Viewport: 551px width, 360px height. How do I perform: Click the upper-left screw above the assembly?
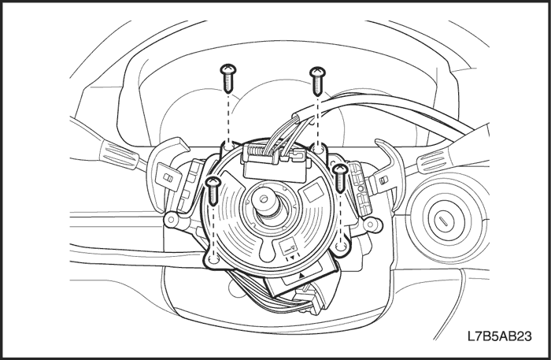point(228,79)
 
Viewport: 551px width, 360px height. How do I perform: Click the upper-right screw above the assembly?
point(317,81)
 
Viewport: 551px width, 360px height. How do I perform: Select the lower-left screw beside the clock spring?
point(213,191)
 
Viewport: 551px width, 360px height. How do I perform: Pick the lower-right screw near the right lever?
point(340,178)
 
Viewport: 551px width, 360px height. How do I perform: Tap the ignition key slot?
point(442,221)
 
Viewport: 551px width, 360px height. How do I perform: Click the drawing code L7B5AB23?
point(499,336)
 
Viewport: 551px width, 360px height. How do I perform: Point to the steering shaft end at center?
point(263,199)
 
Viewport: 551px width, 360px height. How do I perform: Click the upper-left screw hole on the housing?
point(229,146)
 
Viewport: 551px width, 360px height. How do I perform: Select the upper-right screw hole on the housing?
point(319,148)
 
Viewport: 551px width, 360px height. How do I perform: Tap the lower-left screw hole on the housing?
point(213,260)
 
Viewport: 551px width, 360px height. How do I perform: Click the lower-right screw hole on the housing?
point(341,246)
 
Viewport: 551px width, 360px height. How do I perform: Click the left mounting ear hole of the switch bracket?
point(171,220)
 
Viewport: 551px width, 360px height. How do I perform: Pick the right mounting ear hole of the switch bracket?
point(371,224)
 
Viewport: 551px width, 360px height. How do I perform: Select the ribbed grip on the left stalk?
point(118,154)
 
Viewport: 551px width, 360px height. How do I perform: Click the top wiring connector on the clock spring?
point(275,162)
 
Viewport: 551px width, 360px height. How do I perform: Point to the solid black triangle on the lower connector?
point(301,276)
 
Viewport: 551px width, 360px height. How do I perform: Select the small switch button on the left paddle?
point(168,178)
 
